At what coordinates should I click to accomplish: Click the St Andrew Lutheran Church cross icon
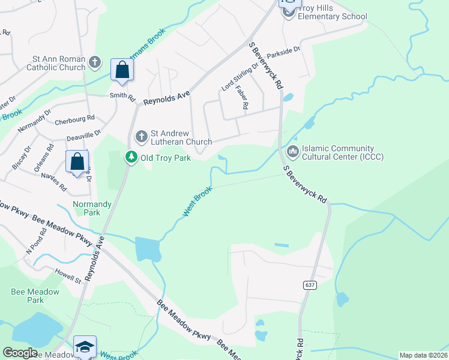click(x=142, y=137)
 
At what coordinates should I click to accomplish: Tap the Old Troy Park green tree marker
click(x=130, y=157)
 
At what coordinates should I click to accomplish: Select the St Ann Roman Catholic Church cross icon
click(x=95, y=62)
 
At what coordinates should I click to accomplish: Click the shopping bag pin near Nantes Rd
click(x=77, y=161)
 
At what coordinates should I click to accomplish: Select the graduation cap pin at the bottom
click(x=85, y=347)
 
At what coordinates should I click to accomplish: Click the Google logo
click(x=20, y=353)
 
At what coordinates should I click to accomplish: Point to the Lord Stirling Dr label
click(x=240, y=77)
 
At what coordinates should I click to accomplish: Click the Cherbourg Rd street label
click(x=75, y=119)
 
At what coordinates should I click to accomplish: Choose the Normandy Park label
click(x=92, y=208)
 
